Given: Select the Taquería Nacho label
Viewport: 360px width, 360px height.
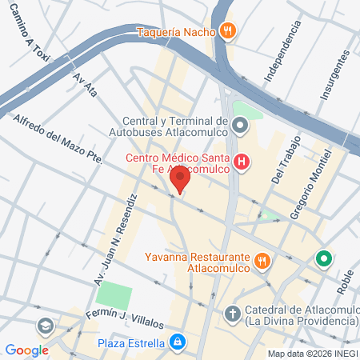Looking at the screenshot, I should (176, 33).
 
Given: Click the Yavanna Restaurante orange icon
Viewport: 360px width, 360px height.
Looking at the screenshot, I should (262, 260).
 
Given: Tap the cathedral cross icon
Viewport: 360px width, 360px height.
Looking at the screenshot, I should (233, 314).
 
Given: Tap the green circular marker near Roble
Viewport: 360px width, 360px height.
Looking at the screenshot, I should (323, 259).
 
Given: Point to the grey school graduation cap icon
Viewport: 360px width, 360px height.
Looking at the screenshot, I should (45, 326).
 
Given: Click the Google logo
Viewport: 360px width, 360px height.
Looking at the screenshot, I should (26, 350).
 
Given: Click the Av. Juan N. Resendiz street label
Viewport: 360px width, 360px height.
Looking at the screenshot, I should (115, 228).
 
